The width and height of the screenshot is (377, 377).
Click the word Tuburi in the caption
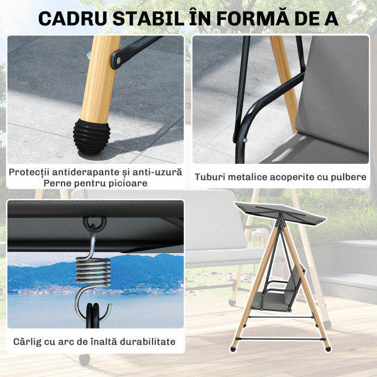click(209, 177)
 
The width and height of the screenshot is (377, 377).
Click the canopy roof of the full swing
click(280, 213)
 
